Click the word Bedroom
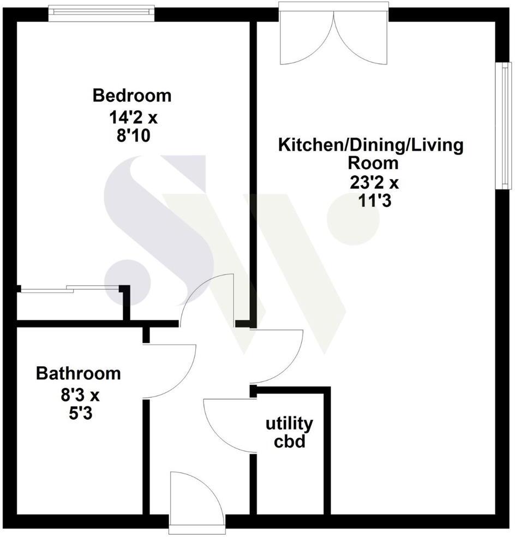(132, 96)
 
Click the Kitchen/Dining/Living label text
(371, 146)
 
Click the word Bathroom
(78, 374)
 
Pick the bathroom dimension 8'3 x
(78, 395)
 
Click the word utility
(289, 423)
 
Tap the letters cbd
(289, 440)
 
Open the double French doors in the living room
(334, 35)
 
